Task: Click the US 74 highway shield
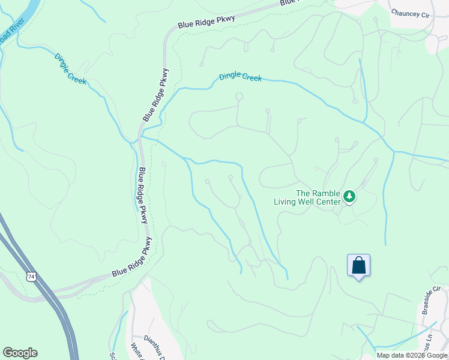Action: (31, 275)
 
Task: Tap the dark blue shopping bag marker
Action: (358, 265)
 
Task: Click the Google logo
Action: (20, 353)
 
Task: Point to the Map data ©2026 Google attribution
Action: (412, 355)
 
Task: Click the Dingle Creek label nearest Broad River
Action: (70, 69)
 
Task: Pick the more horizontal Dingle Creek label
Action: (240, 76)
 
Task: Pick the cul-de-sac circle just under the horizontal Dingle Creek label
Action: (239, 96)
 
